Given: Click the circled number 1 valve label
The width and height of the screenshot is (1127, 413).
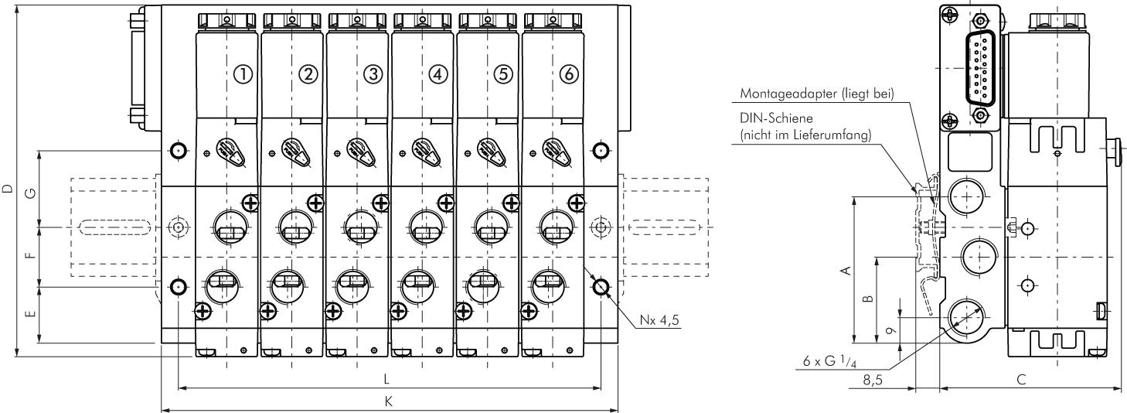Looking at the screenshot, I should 243,74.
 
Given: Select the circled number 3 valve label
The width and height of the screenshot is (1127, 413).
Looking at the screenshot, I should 373,74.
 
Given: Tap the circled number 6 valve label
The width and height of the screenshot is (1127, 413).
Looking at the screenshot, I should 568,74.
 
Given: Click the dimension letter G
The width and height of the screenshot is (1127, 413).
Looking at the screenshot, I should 30,190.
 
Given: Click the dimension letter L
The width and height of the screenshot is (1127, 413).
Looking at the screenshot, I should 386,378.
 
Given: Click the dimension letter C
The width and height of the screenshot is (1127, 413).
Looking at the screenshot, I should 1021,379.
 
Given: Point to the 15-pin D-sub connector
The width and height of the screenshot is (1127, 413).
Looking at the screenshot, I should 979,69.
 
